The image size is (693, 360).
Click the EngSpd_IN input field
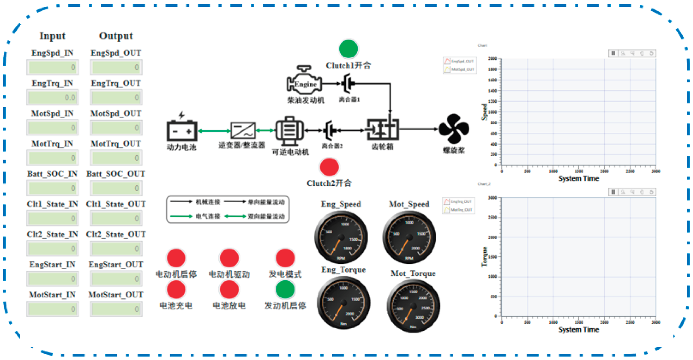pos(52,67)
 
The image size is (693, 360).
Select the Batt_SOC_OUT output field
pos(116,188)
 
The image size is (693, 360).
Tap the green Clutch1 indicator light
pos(348,49)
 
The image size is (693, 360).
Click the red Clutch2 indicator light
pos(329,167)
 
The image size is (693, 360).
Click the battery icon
pos(182,130)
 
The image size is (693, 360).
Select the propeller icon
pos(454,129)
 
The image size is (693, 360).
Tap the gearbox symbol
pos(382,130)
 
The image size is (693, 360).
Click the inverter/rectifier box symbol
pos(243,130)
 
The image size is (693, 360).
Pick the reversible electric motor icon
pos(290,130)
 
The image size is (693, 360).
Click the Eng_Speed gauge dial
pos(341,237)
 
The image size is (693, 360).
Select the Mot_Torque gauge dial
pos(413,306)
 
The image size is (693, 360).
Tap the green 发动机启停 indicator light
pos(285,289)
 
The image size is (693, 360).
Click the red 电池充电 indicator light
pos(176,289)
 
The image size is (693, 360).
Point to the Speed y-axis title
pos(484,112)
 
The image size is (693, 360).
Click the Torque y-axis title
pos(484,256)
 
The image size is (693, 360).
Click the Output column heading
pos(116,36)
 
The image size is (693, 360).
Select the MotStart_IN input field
pos(52,309)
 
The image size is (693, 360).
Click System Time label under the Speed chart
pos(578,178)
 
